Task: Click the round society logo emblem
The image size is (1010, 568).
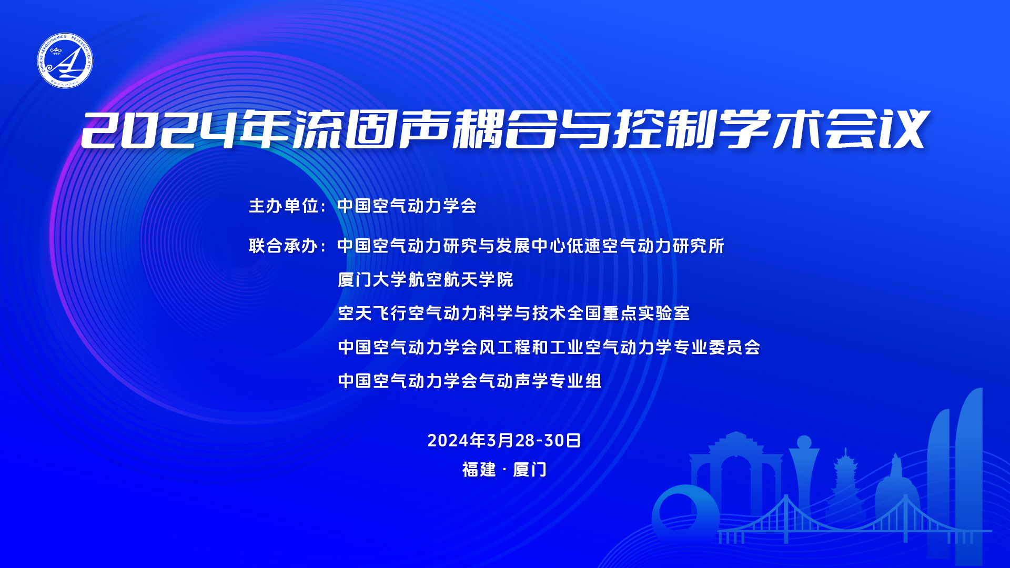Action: (65, 60)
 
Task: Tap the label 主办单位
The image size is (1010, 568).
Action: (283, 206)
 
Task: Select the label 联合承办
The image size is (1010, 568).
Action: (283, 246)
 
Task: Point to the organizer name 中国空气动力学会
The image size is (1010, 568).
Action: (407, 206)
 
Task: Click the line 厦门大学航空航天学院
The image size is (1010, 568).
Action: (425, 279)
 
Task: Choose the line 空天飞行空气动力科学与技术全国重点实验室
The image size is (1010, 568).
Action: (513, 313)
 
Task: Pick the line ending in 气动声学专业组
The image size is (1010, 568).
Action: (470, 381)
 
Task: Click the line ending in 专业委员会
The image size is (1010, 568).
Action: (549, 347)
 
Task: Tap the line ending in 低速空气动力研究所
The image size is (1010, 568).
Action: (531, 246)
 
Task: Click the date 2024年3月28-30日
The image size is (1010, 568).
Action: (504, 440)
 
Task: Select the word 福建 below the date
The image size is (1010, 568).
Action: (479, 469)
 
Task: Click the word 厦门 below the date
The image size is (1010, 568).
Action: (530, 469)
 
